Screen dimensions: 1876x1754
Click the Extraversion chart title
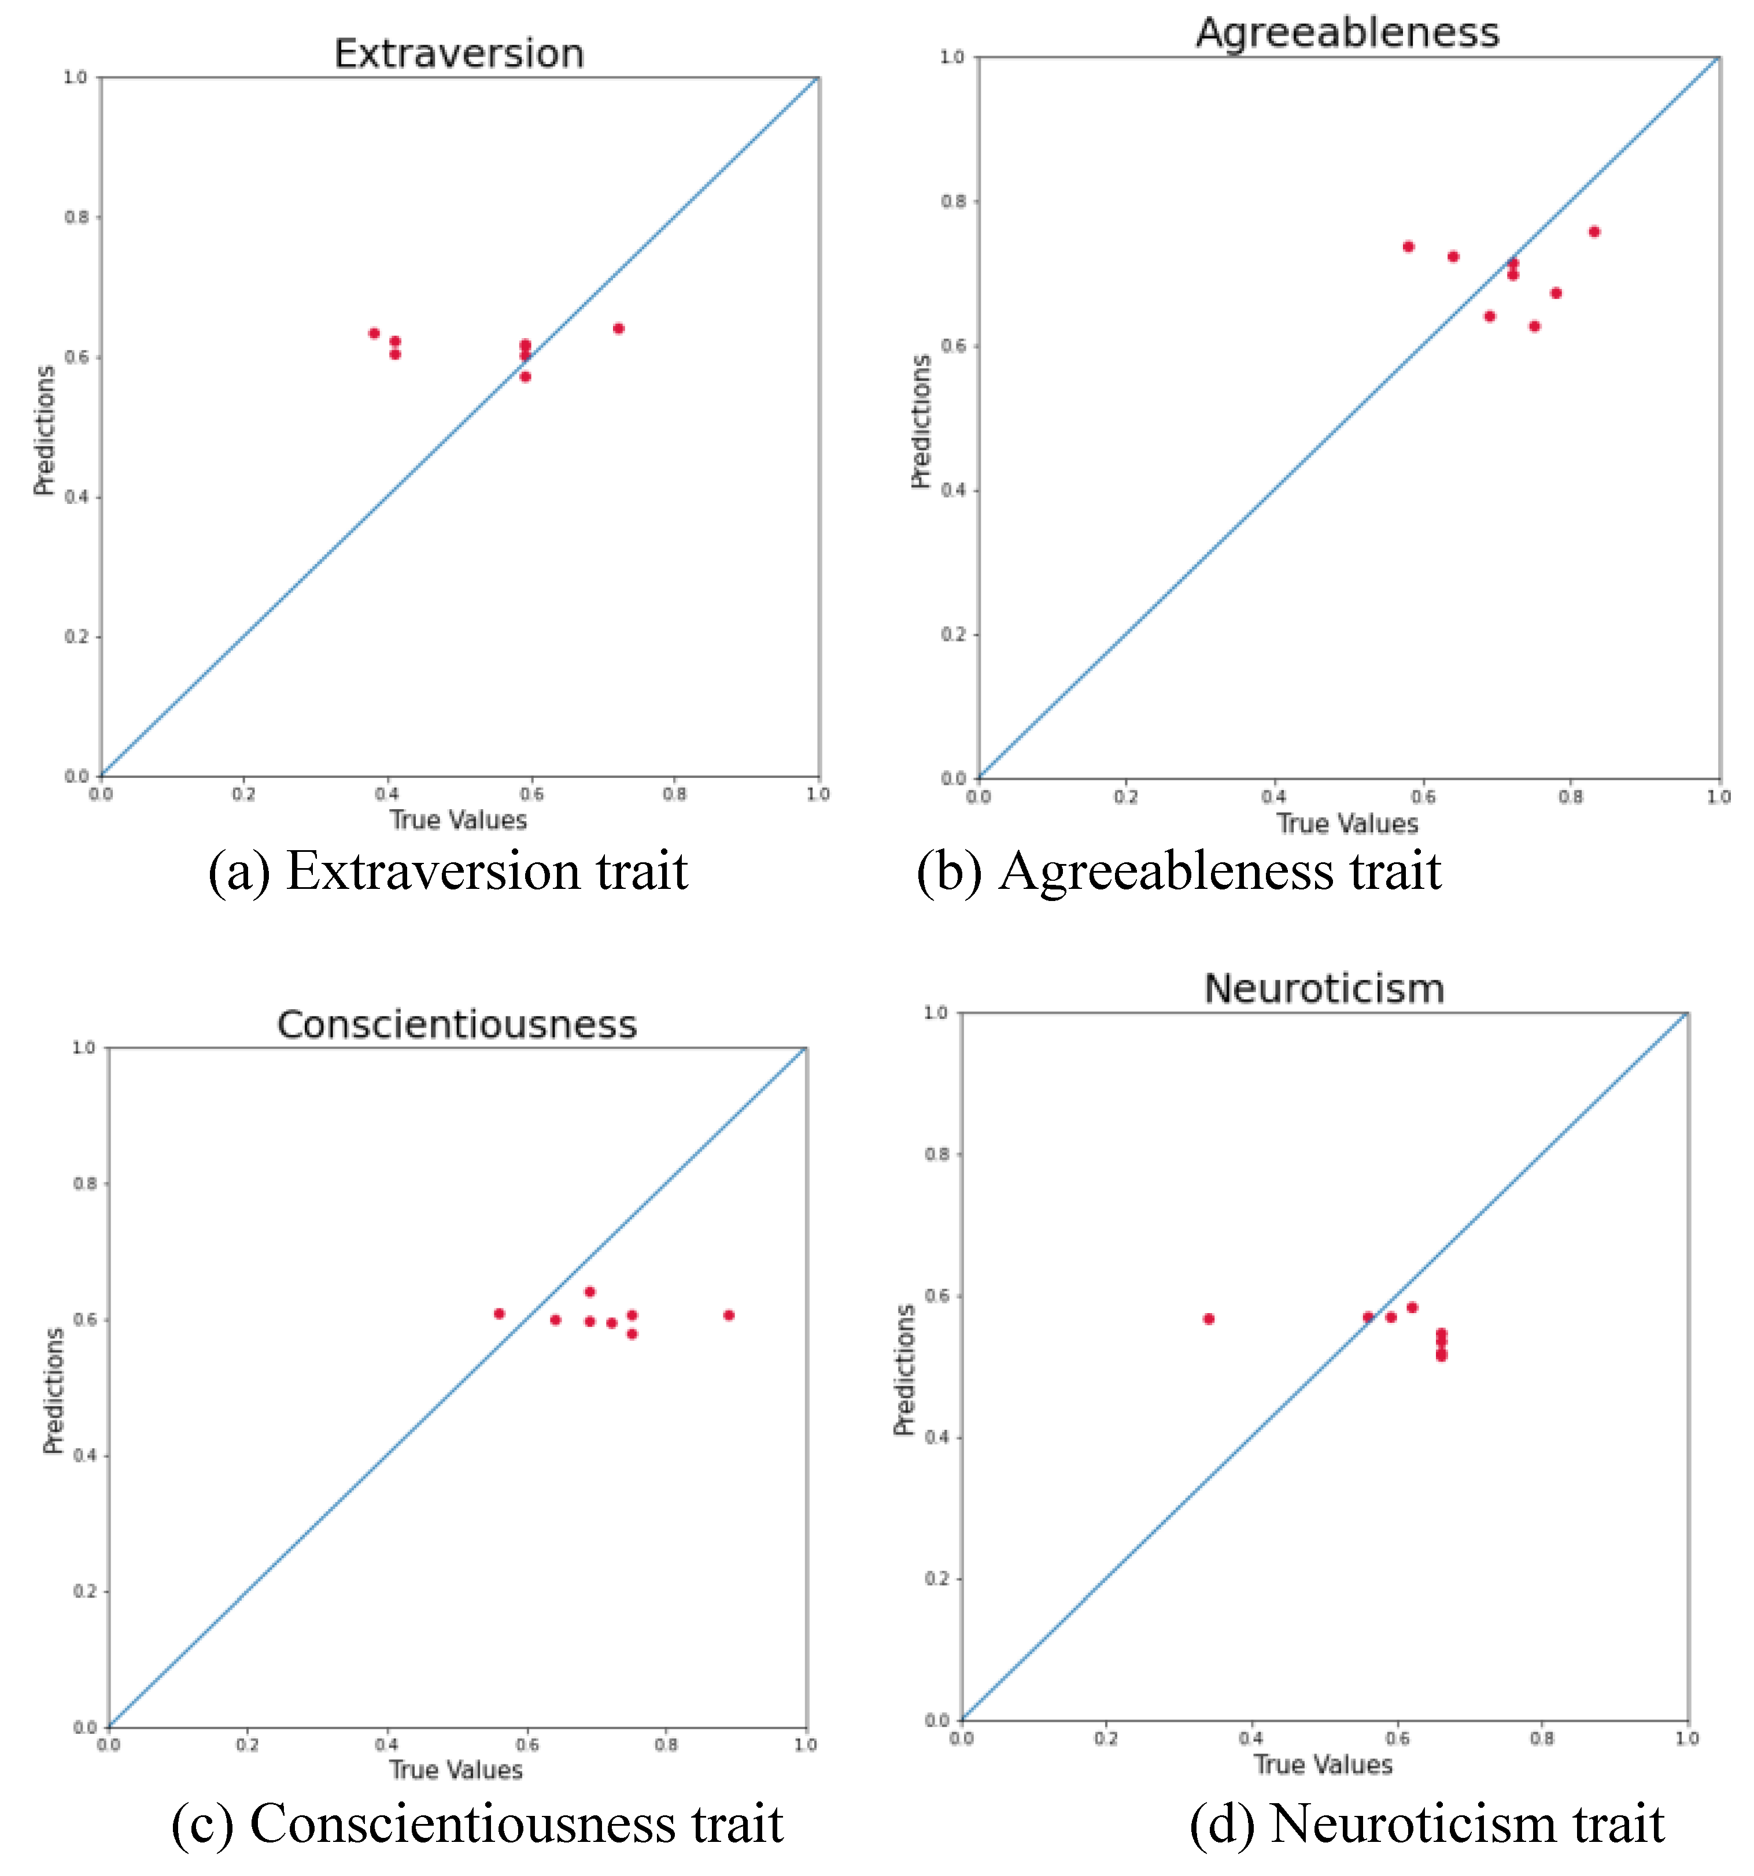point(459,54)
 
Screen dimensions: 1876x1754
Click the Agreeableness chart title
point(1347,33)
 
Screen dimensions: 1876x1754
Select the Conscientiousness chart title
point(457,1025)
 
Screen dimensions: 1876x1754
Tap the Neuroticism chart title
point(1324,989)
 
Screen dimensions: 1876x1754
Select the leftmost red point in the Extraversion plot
point(374,333)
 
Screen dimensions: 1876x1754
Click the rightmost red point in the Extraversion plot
point(618,328)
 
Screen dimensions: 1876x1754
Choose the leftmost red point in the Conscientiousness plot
point(500,1314)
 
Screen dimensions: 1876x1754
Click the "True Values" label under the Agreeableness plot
point(1347,824)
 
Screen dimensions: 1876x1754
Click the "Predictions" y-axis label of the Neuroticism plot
point(904,1369)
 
